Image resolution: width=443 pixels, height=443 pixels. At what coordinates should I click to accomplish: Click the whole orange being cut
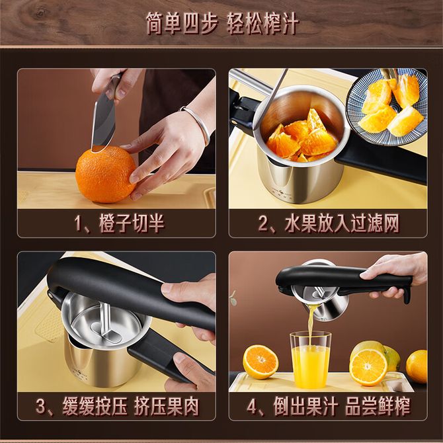(106, 175)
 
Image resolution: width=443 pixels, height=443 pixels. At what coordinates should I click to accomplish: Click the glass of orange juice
(310, 360)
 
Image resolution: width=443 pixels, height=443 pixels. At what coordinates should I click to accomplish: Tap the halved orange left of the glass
(261, 362)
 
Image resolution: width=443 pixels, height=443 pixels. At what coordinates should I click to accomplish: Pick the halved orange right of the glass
(368, 367)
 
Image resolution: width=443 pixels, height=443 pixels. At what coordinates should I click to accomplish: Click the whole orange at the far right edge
(417, 366)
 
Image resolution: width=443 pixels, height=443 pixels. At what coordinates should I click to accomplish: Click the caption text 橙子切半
(132, 223)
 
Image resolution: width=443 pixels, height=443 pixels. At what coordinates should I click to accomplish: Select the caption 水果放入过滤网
(342, 223)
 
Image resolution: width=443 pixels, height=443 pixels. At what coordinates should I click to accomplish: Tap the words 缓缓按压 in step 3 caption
(95, 406)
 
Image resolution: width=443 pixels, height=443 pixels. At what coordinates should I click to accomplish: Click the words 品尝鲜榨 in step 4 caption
(378, 406)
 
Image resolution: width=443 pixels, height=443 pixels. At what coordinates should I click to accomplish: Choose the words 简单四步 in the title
(182, 23)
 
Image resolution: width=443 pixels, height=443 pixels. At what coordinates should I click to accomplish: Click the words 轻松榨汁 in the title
(262, 23)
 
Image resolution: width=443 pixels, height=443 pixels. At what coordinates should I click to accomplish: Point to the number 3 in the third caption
(41, 406)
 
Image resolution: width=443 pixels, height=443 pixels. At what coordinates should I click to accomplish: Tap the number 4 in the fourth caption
(252, 406)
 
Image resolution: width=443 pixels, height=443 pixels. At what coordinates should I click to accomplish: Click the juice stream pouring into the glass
(311, 325)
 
